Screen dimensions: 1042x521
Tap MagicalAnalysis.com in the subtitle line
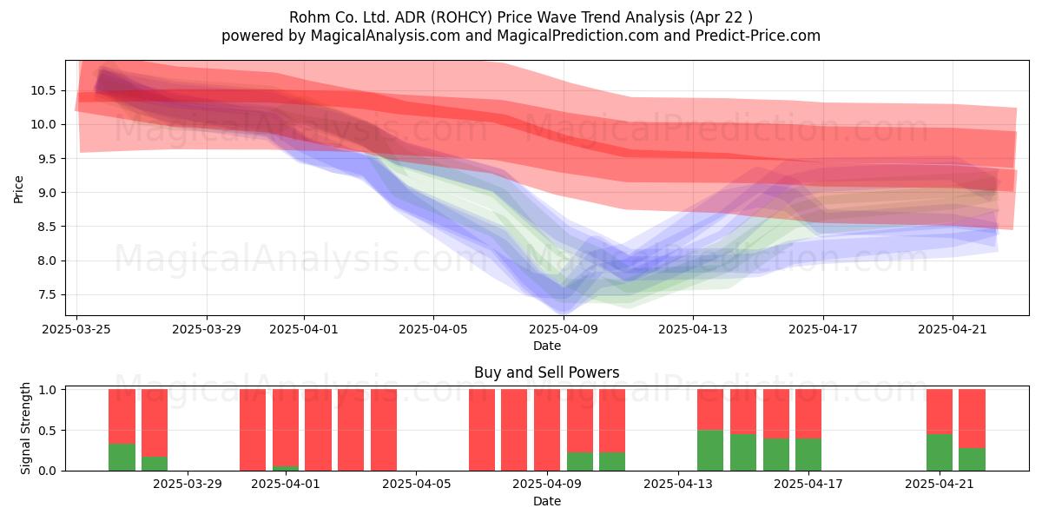pyautogui.click(x=386, y=36)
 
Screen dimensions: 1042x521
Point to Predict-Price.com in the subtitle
pyautogui.click(x=758, y=36)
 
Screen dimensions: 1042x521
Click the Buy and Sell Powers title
pyautogui.click(x=546, y=373)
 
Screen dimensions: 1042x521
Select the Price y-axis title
pyautogui.click(x=18, y=190)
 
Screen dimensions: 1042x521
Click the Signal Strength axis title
pyautogui.click(x=25, y=428)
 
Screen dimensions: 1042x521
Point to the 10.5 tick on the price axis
pyautogui.click(x=43, y=90)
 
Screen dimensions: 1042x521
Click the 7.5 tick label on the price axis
pyautogui.click(x=47, y=295)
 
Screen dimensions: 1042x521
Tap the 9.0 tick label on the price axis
pyautogui.click(x=47, y=193)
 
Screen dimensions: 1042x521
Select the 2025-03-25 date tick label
pyautogui.click(x=76, y=329)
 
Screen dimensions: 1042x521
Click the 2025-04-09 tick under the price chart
pyautogui.click(x=564, y=329)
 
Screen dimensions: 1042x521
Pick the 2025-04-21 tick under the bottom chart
pyautogui.click(x=940, y=485)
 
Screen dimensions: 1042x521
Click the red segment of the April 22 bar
pyautogui.click(x=972, y=419)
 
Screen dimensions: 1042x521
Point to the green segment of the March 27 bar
pyautogui.click(x=155, y=464)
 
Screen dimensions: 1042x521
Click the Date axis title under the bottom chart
pyautogui.click(x=546, y=501)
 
